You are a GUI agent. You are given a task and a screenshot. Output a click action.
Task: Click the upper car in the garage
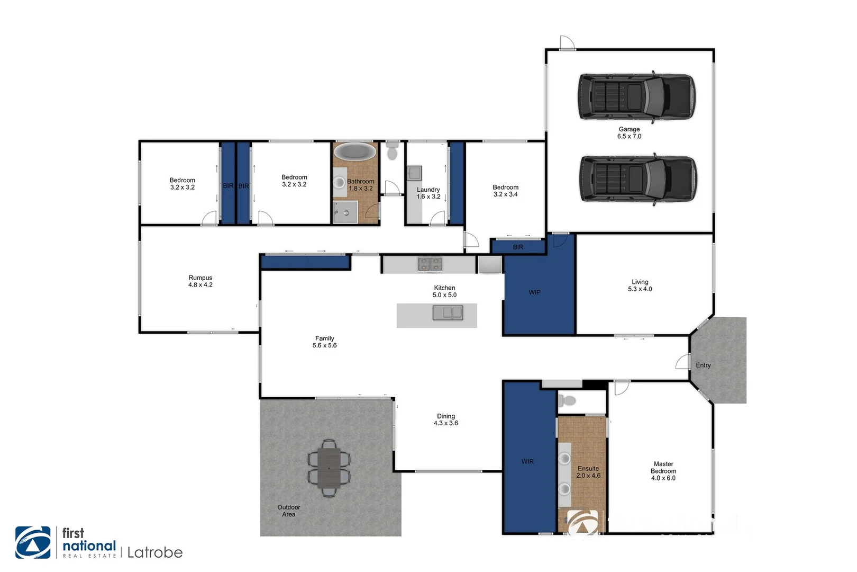click(x=636, y=97)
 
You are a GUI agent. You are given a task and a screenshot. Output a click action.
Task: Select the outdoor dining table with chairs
click(x=329, y=468)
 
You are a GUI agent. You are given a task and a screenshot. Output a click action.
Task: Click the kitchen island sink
click(x=448, y=313)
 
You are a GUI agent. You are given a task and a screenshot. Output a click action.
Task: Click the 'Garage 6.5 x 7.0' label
click(x=629, y=133)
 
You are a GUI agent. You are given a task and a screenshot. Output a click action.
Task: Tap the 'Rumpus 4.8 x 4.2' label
click(x=200, y=281)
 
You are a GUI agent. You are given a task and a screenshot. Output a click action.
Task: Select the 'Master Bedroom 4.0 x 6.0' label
click(x=663, y=471)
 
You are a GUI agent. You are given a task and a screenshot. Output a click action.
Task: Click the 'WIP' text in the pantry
click(x=534, y=292)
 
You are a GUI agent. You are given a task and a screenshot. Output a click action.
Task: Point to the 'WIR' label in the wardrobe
click(x=527, y=462)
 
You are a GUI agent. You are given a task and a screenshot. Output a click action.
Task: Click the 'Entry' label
click(x=703, y=365)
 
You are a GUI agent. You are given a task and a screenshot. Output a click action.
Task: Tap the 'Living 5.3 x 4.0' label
click(x=640, y=285)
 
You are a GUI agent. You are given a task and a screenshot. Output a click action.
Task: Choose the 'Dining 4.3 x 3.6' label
click(x=446, y=419)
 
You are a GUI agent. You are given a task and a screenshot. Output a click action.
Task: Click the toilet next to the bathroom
click(x=392, y=150)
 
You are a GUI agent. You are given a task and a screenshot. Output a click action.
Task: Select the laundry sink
click(x=414, y=173)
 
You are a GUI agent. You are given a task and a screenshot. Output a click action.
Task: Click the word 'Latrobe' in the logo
click(x=155, y=553)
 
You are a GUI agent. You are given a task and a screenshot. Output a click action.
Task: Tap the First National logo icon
click(x=33, y=542)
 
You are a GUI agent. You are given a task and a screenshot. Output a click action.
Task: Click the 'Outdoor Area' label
click(x=288, y=511)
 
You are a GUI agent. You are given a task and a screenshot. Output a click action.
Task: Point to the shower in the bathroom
click(x=345, y=212)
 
